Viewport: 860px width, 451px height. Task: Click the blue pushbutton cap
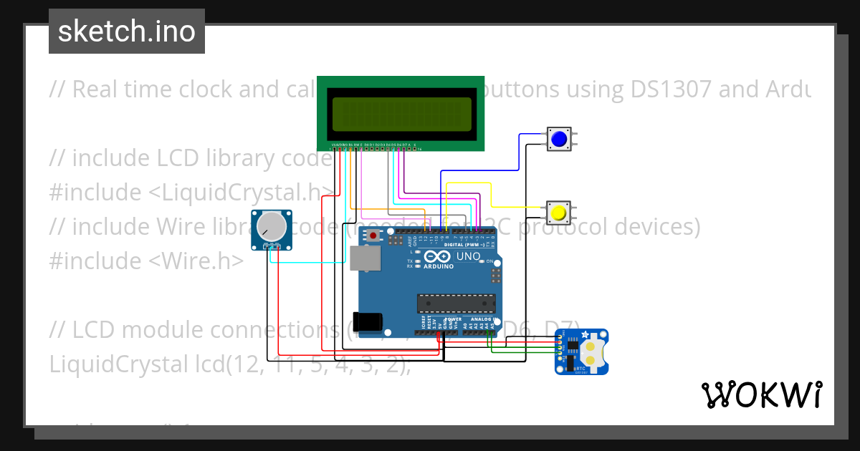tap(559, 139)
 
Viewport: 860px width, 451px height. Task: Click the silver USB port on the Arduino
tap(365, 258)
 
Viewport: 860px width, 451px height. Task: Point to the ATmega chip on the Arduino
tap(456, 304)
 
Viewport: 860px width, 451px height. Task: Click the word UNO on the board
tap(468, 256)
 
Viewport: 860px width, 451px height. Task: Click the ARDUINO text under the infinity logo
tap(439, 266)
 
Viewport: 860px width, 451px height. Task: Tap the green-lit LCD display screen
tap(401, 115)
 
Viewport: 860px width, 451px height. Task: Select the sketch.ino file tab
tap(127, 31)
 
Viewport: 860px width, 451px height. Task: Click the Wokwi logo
tap(761, 394)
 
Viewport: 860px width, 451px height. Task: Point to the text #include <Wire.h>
tap(146, 261)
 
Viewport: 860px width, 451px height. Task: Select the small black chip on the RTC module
tap(573, 346)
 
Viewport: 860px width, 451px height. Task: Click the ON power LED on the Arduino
tap(487, 261)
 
